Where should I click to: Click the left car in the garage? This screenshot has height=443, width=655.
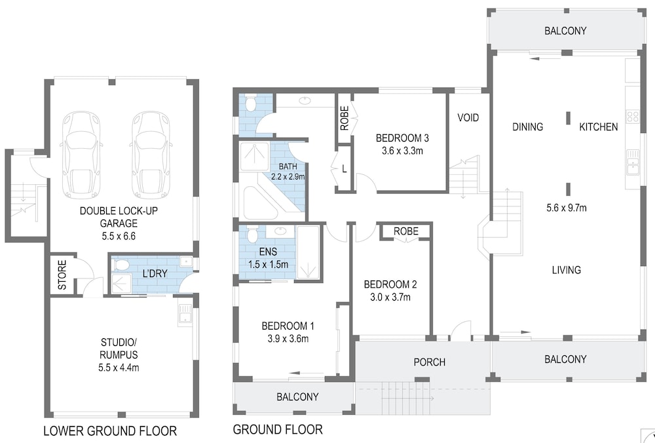click(x=81, y=155)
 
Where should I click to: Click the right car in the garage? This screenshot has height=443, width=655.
click(x=151, y=155)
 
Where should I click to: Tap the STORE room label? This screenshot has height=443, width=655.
click(x=62, y=275)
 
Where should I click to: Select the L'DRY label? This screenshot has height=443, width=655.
click(x=155, y=274)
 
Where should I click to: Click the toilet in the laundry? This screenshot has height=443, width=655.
click(x=121, y=265)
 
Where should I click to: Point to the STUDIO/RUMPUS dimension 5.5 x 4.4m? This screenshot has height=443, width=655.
click(x=119, y=368)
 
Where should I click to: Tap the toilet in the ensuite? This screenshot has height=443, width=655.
click(x=252, y=234)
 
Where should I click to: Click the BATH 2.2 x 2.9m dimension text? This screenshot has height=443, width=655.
click(x=288, y=176)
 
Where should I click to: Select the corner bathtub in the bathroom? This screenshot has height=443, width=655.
click(x=259, y=203)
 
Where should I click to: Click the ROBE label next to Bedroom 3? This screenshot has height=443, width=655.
click(x=345, y=118)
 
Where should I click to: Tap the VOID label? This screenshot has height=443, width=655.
click(x=468, y=118)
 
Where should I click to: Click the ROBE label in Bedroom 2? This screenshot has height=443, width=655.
click(x=405, y=231)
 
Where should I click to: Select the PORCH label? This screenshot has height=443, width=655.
click(x=430, y=362)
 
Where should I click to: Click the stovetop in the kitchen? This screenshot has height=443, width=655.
click(x=632, y=117)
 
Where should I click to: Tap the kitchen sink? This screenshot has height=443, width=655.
click(x=633, y=163)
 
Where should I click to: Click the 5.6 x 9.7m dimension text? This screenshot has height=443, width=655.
click(x=567, y=208)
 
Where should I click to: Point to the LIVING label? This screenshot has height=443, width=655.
click(x=567, y=270)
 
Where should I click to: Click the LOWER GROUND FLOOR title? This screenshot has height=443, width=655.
click(x=110, y=431)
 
